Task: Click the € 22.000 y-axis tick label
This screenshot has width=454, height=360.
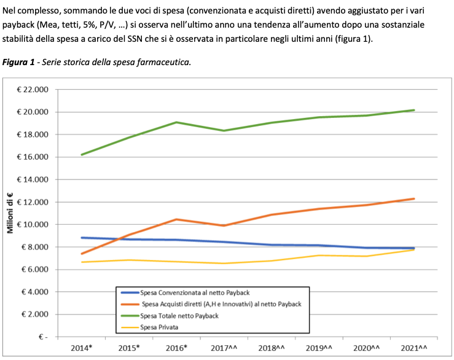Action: (31, 90)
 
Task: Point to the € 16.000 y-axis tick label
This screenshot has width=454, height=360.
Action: (31, 157)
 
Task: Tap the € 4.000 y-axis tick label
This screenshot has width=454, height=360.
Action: (33, 292)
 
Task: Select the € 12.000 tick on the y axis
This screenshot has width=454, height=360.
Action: (31, 202)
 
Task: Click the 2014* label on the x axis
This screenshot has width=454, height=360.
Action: (81, 348)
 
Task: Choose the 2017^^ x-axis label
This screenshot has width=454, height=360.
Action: (224, 348)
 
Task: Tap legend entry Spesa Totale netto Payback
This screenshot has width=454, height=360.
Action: (179, 316)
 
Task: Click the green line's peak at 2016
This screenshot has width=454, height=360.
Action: (177, 122)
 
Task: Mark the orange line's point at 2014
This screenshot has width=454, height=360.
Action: (82, 254)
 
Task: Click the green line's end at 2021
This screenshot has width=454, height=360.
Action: (413, 110)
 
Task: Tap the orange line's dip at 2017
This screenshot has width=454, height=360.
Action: (224, 225)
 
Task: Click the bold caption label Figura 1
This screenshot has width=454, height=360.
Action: (19, 63)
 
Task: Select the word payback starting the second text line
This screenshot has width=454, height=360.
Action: (17, 25)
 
